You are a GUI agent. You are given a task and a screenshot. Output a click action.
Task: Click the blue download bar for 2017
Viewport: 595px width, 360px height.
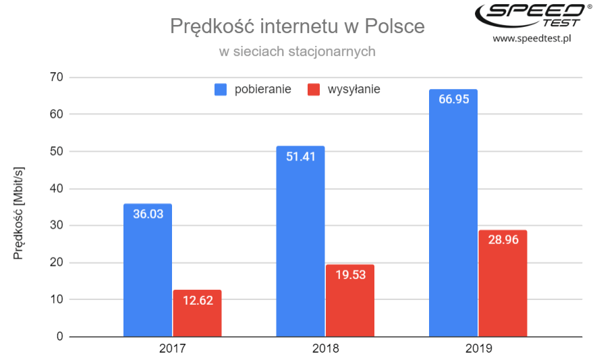coord(148,270)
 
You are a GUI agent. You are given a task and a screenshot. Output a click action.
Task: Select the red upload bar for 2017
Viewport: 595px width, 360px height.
coord(197,313)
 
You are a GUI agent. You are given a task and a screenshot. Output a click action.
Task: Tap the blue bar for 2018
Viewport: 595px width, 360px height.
coord(300,243)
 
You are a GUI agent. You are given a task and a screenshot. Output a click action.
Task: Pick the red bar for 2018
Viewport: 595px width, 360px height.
coord(349,301)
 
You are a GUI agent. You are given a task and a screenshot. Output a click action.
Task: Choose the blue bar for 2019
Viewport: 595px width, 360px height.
coord(453,216)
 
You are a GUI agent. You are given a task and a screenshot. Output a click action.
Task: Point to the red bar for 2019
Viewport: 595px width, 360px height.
coord(503,283)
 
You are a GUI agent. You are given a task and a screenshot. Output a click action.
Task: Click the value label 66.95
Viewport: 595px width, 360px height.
coord(453,99)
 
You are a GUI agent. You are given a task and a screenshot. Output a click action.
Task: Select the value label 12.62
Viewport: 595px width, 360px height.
coord(197,300)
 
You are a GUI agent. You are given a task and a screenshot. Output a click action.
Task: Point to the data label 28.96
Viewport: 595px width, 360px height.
coord(503,240)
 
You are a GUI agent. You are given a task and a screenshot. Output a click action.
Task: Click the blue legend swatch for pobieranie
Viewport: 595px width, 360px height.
coord(221,89)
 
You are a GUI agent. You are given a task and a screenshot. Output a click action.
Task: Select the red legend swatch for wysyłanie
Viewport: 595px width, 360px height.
coord(314,89)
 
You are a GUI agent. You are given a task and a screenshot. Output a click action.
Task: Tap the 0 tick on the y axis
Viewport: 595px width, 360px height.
coord(59,336)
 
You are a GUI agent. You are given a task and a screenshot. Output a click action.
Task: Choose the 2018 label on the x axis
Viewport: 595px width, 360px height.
coord(325,349)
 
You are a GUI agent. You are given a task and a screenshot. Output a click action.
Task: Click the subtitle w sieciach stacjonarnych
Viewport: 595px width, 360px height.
coord(297,51)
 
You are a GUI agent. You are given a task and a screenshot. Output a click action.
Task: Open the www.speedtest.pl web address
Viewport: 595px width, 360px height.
coord(532,38)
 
